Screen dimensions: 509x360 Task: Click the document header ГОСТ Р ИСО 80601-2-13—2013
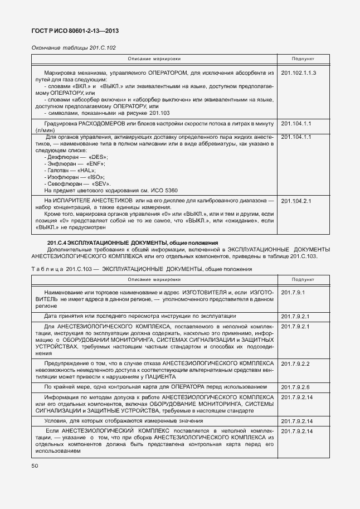coord(75,31)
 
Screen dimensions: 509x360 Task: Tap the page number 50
coord(35,465)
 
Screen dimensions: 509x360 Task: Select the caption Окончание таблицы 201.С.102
coord(74,48)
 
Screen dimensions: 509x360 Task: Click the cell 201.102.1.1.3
coord(299,73)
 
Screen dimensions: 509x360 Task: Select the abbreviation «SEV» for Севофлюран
coord(100,184)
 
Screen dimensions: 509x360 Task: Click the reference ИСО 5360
coord(149,191)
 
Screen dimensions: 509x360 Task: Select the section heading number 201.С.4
coord(57,243)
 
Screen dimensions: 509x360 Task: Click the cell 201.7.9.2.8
coord(295,387)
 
